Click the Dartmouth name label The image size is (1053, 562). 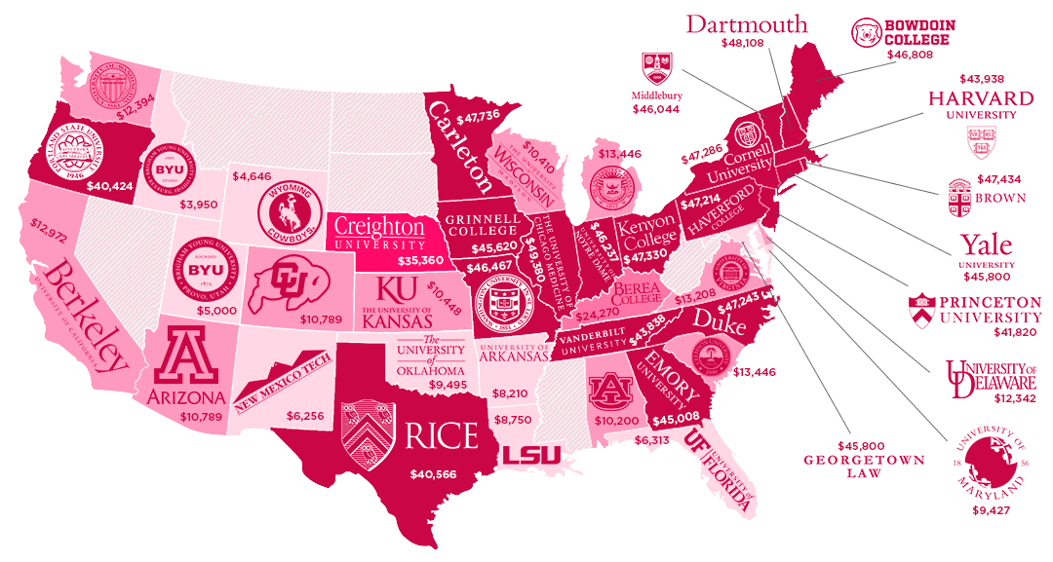tap(746, 23)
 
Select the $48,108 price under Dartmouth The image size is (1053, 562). tap(746, 44)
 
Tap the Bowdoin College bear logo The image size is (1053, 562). tap(866, 32)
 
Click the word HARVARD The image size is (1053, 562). tap(981, 98)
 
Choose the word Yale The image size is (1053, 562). tap(986, 244)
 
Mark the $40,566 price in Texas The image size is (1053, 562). tap(433, 475)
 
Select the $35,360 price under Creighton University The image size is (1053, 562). tap(421, 261)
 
